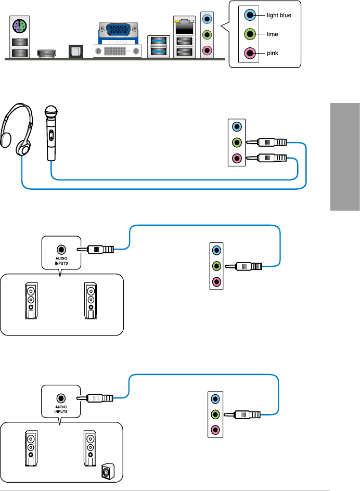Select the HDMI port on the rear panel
tap(47, 52)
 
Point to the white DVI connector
tap(118, 51)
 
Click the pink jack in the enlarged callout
tap(251, 53)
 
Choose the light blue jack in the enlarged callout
tap(251, 16)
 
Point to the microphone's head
tap(50, 112)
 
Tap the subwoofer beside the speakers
tap(107, 472)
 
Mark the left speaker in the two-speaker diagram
tap(31, 301)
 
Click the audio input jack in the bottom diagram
tap(61, 397)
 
